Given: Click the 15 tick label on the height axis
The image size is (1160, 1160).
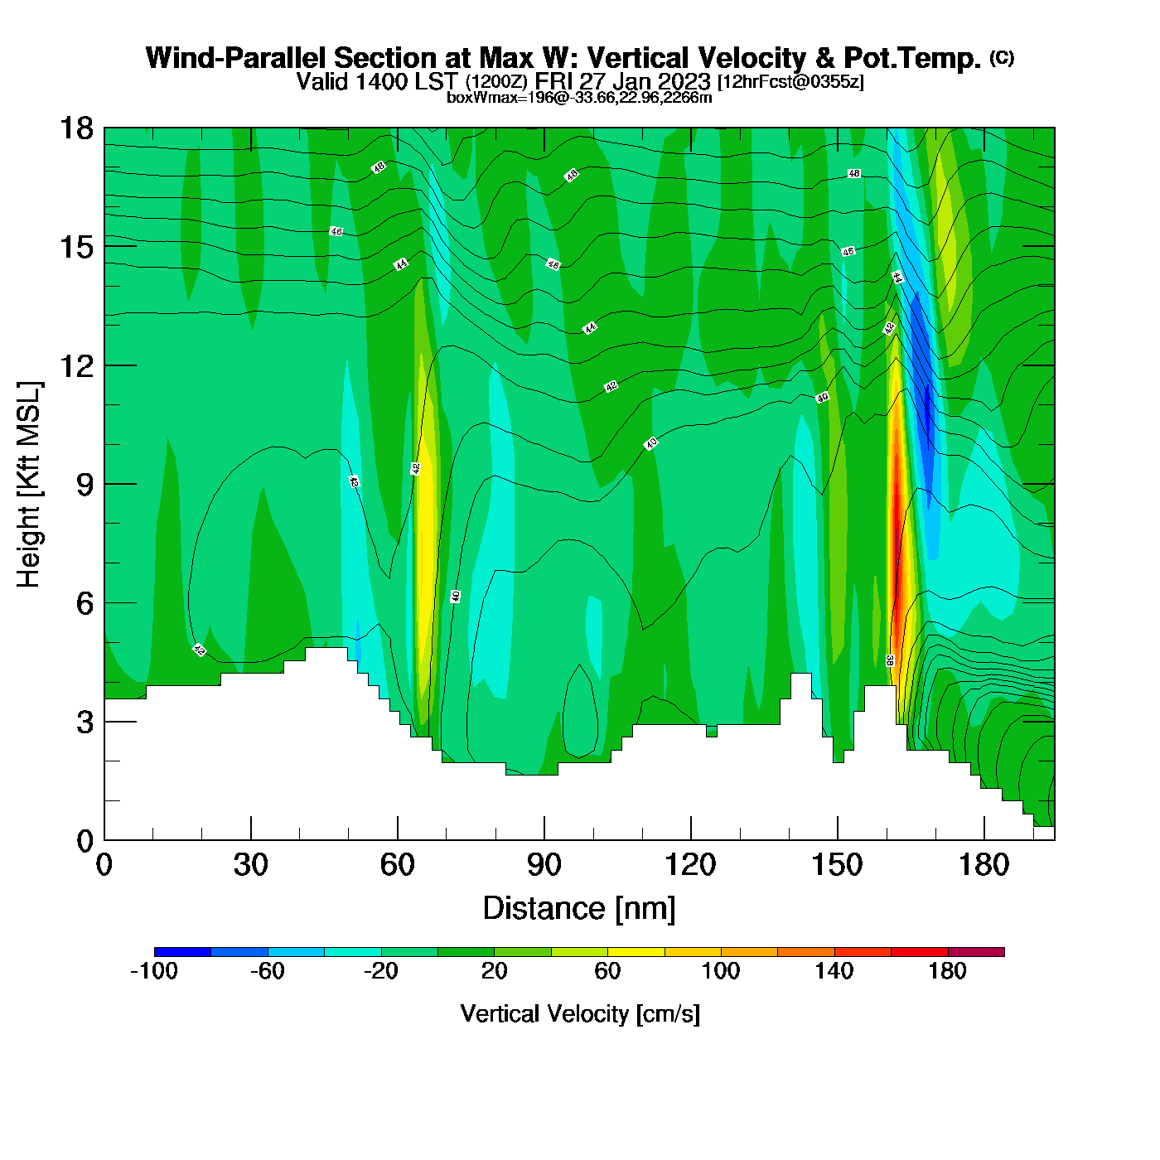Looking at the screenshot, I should coord(76,247).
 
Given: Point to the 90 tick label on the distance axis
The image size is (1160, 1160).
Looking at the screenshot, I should coord(544,865).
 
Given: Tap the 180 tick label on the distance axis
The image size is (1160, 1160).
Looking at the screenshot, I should coord(984,865).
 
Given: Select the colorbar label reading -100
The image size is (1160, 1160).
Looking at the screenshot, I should coord(154,971).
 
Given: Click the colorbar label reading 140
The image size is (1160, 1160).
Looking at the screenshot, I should coord(834,971).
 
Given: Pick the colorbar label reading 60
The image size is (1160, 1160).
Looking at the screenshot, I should coord(607,971).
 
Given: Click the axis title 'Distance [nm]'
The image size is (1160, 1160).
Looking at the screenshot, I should coord(579,908).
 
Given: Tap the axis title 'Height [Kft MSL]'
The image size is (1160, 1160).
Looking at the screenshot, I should coord(29,485).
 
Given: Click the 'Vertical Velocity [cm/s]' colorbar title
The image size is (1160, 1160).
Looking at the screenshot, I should coord(579,1013).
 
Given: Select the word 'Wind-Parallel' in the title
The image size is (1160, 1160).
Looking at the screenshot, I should coord(237,58).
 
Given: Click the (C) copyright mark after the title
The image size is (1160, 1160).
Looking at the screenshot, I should coord(1002,57).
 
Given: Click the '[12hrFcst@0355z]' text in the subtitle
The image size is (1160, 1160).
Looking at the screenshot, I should coord(790,82).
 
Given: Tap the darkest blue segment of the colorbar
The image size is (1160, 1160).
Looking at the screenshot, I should coord(182,952).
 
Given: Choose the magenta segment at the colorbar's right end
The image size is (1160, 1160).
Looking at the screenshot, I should coord(976,952).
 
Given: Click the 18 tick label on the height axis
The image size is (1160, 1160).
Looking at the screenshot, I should coord(76,128).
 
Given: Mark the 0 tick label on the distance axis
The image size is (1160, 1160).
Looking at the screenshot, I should coord(104,865).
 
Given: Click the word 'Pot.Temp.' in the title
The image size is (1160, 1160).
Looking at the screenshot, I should coord(912,58).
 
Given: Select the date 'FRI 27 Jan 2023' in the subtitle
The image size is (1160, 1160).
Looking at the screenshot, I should coord(623,81).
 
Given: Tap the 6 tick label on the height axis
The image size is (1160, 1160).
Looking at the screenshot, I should coord(85,603).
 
